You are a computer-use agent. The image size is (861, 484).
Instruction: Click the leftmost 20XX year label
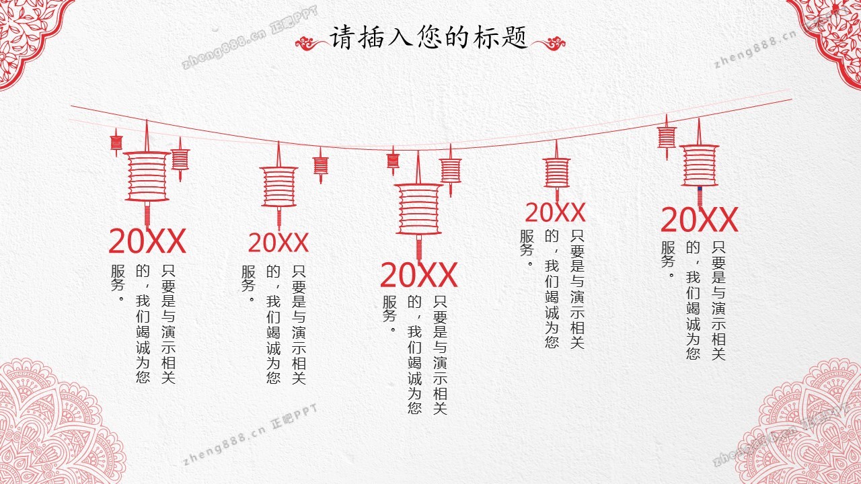(147, 241)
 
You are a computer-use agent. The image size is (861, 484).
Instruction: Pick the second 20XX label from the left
(278, 243)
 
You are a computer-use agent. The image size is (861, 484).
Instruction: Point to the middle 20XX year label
(419, 275)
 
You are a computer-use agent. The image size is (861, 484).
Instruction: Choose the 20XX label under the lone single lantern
(555, 212)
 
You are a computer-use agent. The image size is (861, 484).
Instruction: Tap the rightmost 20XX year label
(700, 220)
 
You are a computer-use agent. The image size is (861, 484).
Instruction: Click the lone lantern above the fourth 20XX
(557, 171)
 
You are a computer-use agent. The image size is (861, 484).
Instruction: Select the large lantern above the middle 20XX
(418, 208)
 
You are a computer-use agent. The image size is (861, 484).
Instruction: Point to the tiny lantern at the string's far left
(116, 142)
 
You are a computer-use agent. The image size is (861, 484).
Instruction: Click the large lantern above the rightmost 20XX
(699, 165)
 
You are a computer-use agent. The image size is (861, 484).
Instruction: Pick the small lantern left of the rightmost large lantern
(667, 137)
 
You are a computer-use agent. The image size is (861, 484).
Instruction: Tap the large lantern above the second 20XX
(278, 186)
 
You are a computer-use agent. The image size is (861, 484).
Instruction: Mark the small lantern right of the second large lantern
(320, 165)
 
